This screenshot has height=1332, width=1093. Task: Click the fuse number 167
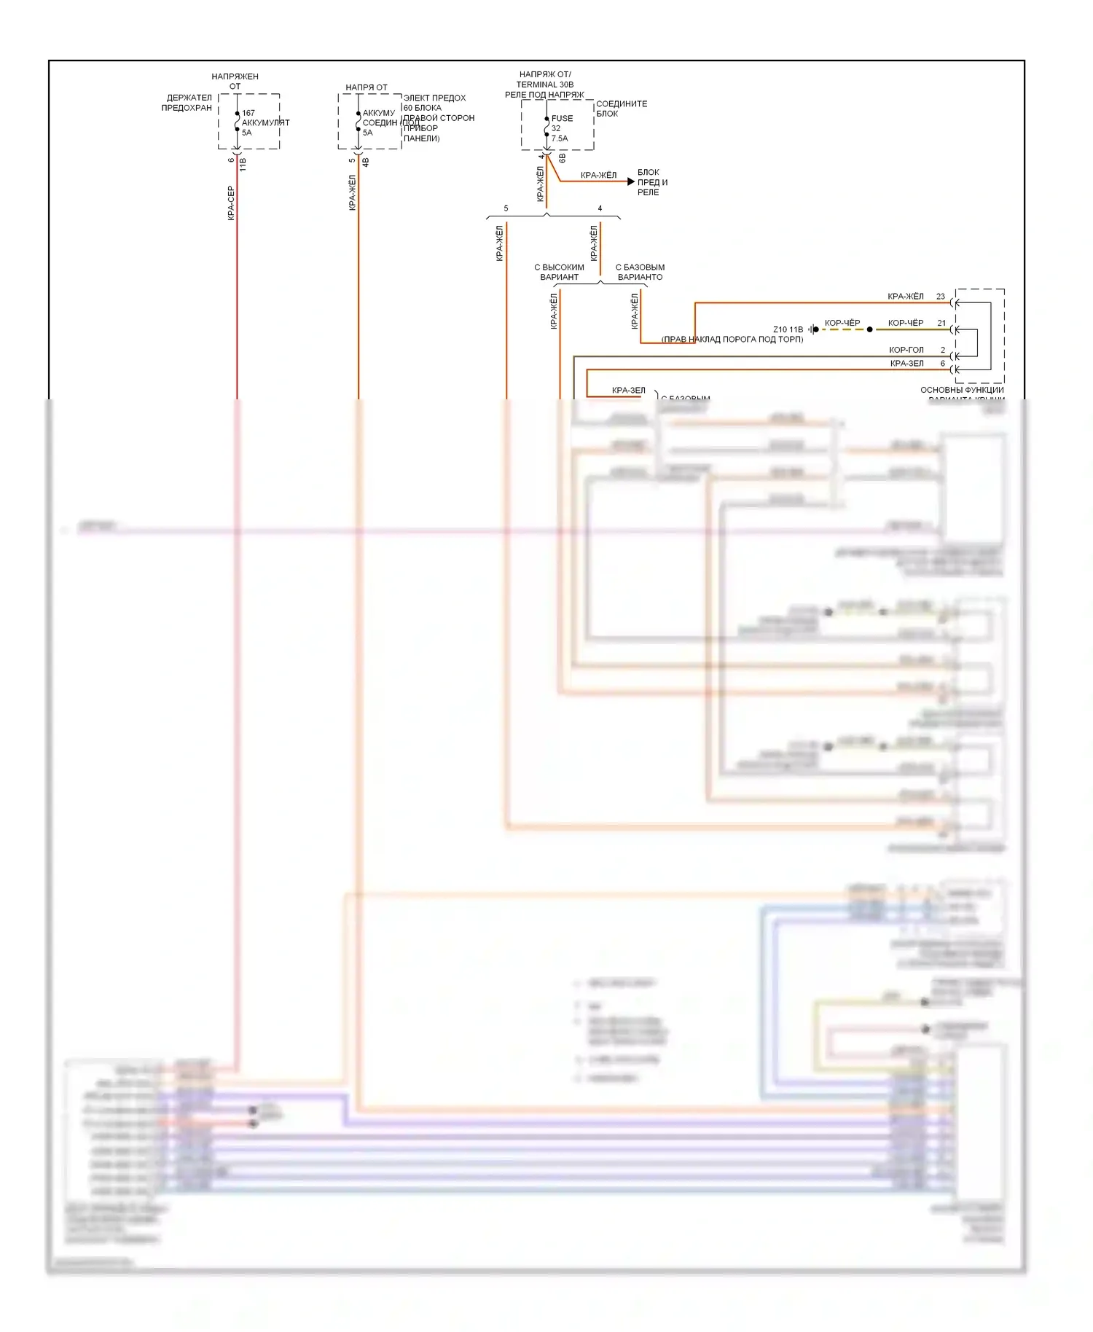click(x=248, y=113)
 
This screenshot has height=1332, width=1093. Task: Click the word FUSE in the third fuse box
click(x=562, y=118)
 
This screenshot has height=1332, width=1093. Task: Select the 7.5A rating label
click(x=560, y=138)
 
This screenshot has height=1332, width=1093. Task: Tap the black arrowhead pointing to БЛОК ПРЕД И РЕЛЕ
click(x=630, y=181)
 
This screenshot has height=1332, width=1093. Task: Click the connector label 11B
click(x=243, y=164)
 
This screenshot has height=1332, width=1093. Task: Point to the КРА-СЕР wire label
click(x=231, y=203)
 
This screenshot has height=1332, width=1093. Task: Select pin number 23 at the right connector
click(x=941, y=297)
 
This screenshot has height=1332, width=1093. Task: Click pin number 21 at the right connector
click(x=941, y=323)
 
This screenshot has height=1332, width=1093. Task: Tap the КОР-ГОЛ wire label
click(x=906, y=350)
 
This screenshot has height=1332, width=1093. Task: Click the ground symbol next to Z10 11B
click(x=813, y=329)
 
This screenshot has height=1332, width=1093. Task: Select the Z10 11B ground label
click(x=788, y=329)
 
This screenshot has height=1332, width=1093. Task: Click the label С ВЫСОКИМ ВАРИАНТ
click(x=559, y=272)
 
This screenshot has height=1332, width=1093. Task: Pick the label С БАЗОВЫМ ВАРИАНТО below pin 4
click(x=640, y=272)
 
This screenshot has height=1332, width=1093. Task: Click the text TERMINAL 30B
click(x=545, y=85)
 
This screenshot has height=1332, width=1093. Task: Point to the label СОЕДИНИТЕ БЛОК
click(x=621, y=109)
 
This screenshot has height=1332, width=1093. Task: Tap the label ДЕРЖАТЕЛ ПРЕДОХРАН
click(x=187, y=103)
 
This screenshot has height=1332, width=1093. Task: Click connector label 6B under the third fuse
click(x=563, y=158)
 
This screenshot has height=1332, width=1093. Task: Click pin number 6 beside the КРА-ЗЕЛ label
click(x=942, y=363)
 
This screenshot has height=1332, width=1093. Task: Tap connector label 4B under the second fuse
click(x=366, y=162)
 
